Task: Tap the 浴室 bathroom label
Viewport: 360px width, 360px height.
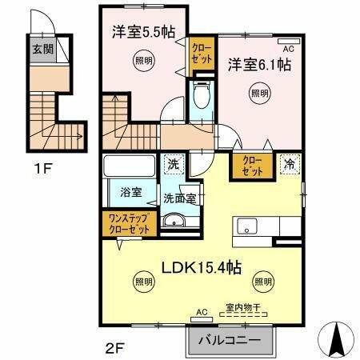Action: [130, 193]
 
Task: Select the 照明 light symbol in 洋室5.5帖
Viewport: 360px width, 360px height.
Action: [142, 62]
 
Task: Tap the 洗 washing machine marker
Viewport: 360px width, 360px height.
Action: [174, 166]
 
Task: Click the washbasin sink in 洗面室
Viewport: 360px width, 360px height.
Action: [173, 222]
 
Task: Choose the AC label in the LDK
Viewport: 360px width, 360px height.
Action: [202, 312]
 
